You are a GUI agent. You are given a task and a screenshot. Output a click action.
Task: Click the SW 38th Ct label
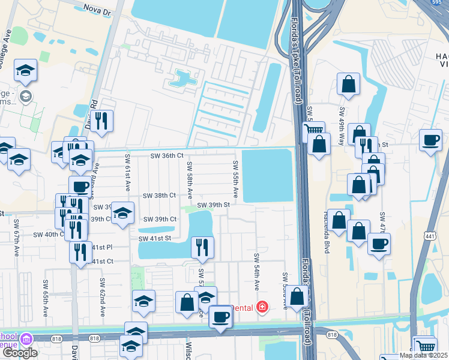point(159,196)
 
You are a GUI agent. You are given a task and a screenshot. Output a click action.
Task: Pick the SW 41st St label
point(155,239)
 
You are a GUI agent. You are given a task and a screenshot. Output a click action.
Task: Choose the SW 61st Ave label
point(127,172)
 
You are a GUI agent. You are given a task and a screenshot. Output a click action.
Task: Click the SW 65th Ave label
point(46,298)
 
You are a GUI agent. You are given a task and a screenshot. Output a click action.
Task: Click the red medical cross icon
point(262,307)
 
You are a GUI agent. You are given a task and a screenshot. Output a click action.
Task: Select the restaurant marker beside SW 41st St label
point(202,246)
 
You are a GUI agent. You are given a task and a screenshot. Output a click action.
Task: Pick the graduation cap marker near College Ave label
point(26,71)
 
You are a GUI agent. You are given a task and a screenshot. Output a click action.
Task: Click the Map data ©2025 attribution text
point(423,355)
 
